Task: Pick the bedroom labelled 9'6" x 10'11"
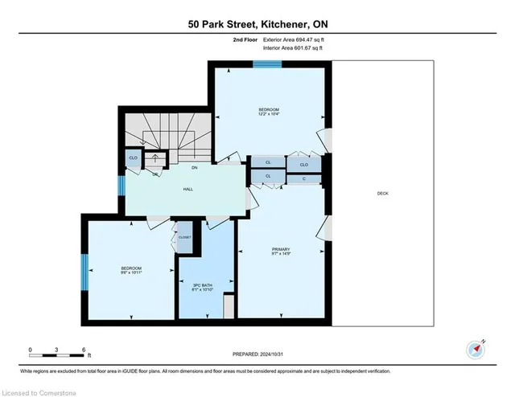point(131,270)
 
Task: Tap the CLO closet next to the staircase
point(133,158)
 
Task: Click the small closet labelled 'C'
point(304,178)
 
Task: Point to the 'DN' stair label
point(194,168)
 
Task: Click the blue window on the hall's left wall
point(122,186)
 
